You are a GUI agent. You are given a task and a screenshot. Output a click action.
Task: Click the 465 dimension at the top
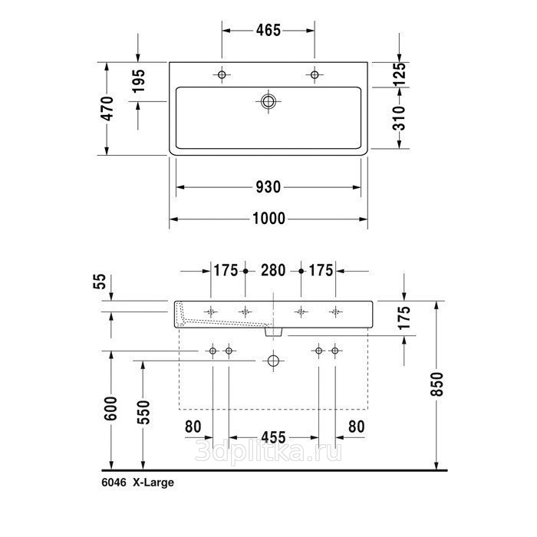[268, 30]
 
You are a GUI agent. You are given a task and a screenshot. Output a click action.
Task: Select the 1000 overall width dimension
[268, 219]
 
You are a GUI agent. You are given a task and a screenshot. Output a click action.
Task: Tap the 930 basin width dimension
[268, 187]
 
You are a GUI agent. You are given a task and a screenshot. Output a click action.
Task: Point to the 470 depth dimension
[107, 109]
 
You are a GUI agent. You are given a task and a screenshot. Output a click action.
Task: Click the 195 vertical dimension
[139, 81]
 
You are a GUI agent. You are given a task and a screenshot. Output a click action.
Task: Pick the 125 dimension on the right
[399, 74]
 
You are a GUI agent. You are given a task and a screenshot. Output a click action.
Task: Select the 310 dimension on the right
[399, 118]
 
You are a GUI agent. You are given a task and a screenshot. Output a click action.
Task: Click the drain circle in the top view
[268, 101]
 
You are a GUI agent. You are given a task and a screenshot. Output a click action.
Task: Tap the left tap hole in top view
[222, 74]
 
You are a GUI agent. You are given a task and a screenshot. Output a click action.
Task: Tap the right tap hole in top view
[315, 74]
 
